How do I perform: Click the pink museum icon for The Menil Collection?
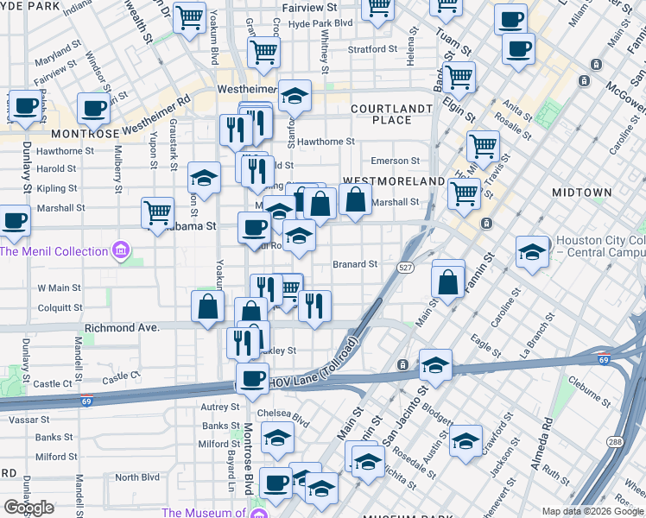121,251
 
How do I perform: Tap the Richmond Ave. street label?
122,329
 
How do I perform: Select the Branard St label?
355,264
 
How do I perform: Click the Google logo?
28,508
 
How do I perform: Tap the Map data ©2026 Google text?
592,511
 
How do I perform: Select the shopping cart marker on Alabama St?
157,212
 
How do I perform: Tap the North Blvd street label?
137,477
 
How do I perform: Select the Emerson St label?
394,161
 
